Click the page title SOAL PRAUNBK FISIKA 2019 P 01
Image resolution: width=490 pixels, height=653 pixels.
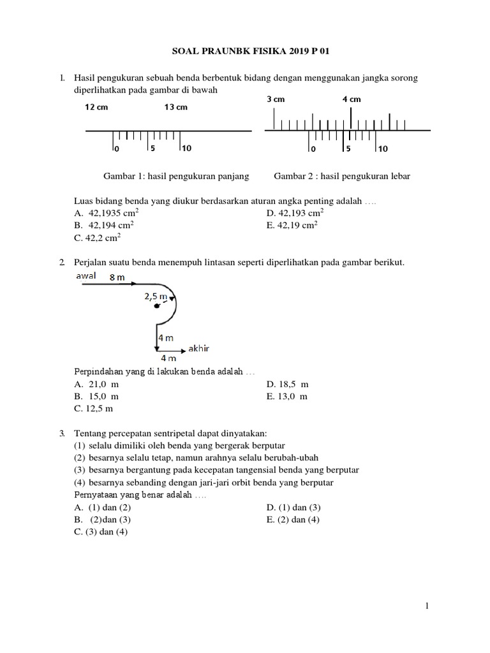click(x=245, y=51)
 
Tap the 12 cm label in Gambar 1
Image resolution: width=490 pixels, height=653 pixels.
click(x=97, y=107)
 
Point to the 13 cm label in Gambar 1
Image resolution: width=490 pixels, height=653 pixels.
click(x=176, y=107)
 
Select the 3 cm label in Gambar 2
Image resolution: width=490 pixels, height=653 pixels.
click(x=276, y=99)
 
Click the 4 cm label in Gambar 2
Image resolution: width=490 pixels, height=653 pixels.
click(x=351, y=99)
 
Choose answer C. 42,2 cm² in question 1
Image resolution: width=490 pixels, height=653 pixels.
click(x=98, y=238)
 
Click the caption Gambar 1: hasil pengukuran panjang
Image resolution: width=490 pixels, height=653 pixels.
click(x=176, y=176)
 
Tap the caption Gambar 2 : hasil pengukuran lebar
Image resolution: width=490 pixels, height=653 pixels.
click(x=342, y=176)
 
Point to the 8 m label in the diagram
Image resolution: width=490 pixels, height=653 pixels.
click(x=117, y=277)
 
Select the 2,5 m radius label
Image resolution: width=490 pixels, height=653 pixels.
click(x=156, y=297)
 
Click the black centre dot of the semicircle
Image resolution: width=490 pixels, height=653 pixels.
click(x=156, y=307)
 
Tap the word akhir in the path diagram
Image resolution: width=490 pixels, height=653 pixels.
click(x=199, y=349)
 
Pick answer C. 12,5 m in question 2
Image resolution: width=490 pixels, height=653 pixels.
click(x=93, y=408)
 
